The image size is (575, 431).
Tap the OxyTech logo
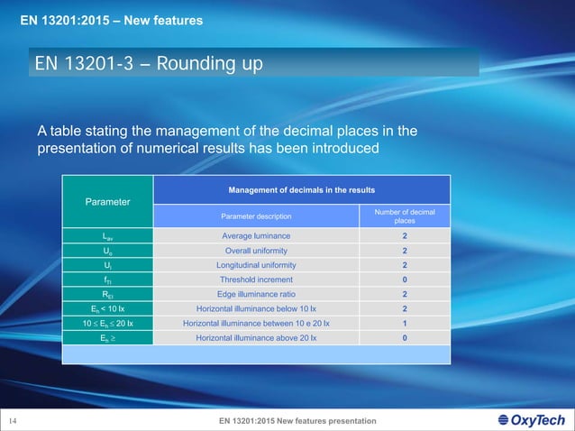532,420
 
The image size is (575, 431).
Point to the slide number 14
14,421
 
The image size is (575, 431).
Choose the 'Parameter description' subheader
257,216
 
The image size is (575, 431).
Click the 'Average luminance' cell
257,235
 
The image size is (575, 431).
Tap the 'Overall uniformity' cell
257,251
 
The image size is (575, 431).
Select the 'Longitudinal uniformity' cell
257,266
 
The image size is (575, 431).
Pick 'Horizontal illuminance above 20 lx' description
257,338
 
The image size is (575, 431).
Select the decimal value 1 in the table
405,324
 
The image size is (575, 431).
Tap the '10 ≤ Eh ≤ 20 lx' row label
107,324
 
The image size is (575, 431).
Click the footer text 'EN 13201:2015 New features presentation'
297,421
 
